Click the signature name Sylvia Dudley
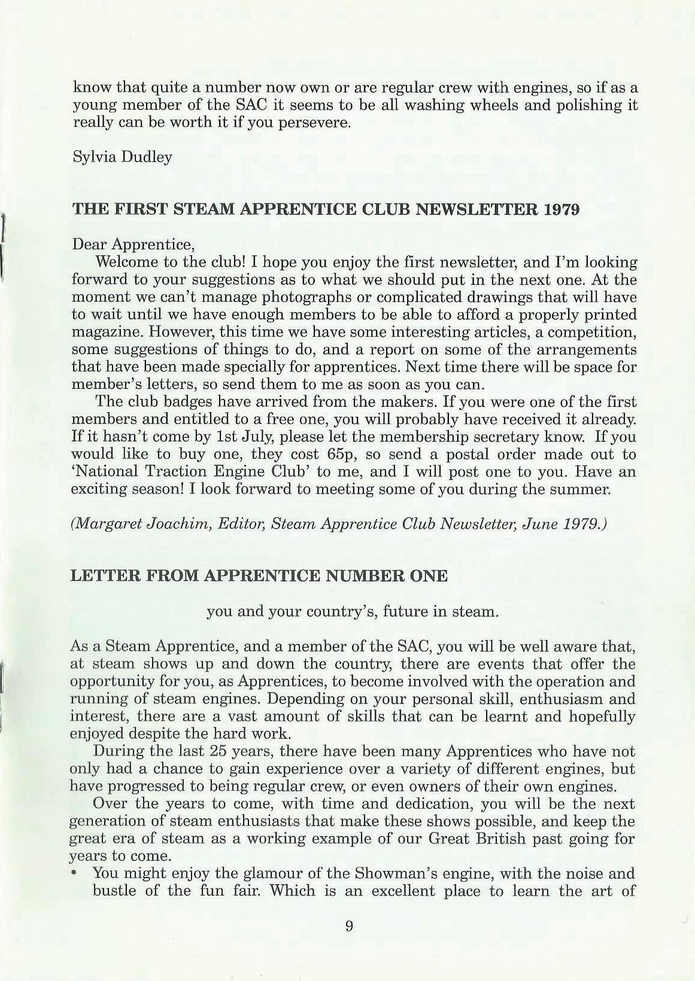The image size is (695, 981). [x=122, y=157]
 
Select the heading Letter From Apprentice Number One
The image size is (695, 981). [x=259, y=576]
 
